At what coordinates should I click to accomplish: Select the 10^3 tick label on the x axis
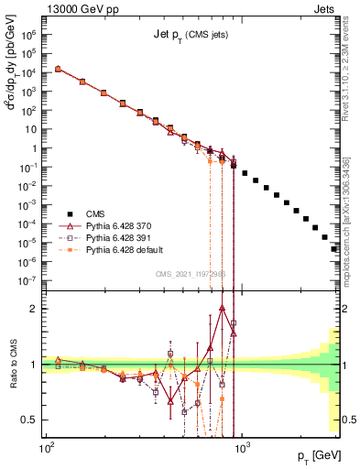pos(242,446)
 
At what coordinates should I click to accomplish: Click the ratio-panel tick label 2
pos(37,309)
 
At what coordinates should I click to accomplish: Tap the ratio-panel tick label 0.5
pos(33,420)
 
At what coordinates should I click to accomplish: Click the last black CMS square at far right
pos(334,248)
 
